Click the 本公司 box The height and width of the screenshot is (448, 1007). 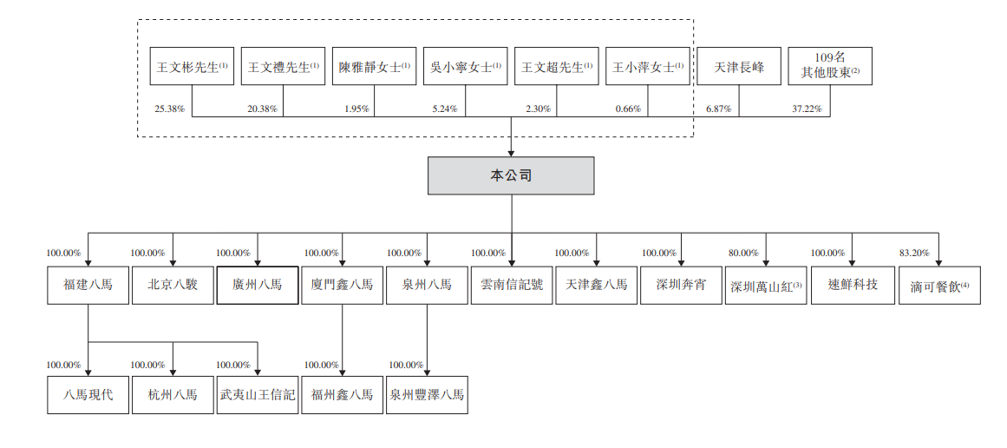(511, 175)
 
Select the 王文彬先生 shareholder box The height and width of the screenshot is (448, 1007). (192, 66)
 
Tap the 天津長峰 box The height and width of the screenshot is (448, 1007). (739, 66)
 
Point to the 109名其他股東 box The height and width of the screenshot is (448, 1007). (829, 66)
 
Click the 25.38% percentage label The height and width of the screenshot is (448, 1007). (170, 109)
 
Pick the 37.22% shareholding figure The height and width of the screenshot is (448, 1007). (808, 109)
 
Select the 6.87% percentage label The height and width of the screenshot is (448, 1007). (719, 109)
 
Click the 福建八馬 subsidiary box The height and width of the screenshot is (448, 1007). (88, 285)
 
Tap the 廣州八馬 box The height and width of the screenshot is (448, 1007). (257, 285)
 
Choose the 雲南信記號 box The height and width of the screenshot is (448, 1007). (511, 285)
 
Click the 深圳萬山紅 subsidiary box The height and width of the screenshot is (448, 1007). (766, 285)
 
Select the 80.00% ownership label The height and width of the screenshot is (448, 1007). (743, 254)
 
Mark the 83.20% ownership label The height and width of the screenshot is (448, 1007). (914, 254)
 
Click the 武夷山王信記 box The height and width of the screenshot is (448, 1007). (257, 395)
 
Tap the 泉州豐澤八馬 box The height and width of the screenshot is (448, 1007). (427, 395)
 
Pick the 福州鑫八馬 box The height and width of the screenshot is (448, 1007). (342, 395)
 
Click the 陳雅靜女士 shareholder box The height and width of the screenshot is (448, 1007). (375, 66)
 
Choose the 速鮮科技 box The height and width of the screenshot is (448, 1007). (852, 285)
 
